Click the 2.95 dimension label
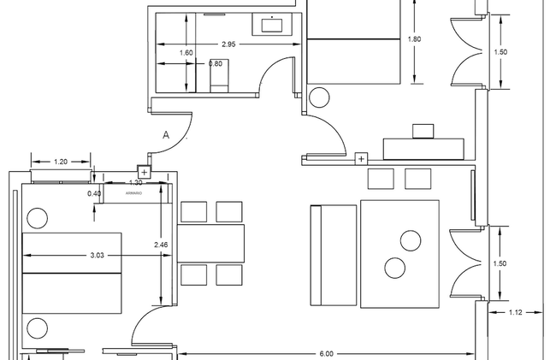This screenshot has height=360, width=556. click(x=228, y=44)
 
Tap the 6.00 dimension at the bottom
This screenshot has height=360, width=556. click(x=326, y=354)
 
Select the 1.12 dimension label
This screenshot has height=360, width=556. click(x=515, y=312)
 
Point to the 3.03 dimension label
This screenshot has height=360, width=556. click(x=97, y=255)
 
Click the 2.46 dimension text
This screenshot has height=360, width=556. click(x=161, y=245)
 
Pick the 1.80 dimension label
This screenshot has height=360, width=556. click(x=414, y=39)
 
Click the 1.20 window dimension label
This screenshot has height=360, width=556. click(x=61, y=162)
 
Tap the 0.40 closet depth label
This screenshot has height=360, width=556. click(x=94, y=193)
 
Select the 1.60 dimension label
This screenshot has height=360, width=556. click(x=186, y=53)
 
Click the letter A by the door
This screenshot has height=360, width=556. click(x=166, y=135)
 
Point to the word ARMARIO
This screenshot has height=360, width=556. click(x=133, y=193)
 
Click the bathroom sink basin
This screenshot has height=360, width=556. click(x=272, y=25)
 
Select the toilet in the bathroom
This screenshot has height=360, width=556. click(x=219, y=76)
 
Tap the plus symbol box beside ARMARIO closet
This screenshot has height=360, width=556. click(x=144, y=172)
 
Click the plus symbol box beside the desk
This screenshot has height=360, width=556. click(x=361, y=159)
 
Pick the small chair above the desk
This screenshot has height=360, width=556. click(x=423, y=132)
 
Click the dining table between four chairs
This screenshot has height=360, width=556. click(x=210, y=243)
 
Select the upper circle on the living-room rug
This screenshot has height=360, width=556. click(x=411, y=240)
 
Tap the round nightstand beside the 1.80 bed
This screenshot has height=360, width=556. click(x=319, y=97)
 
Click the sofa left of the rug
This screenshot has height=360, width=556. click(x=334, y=255)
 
